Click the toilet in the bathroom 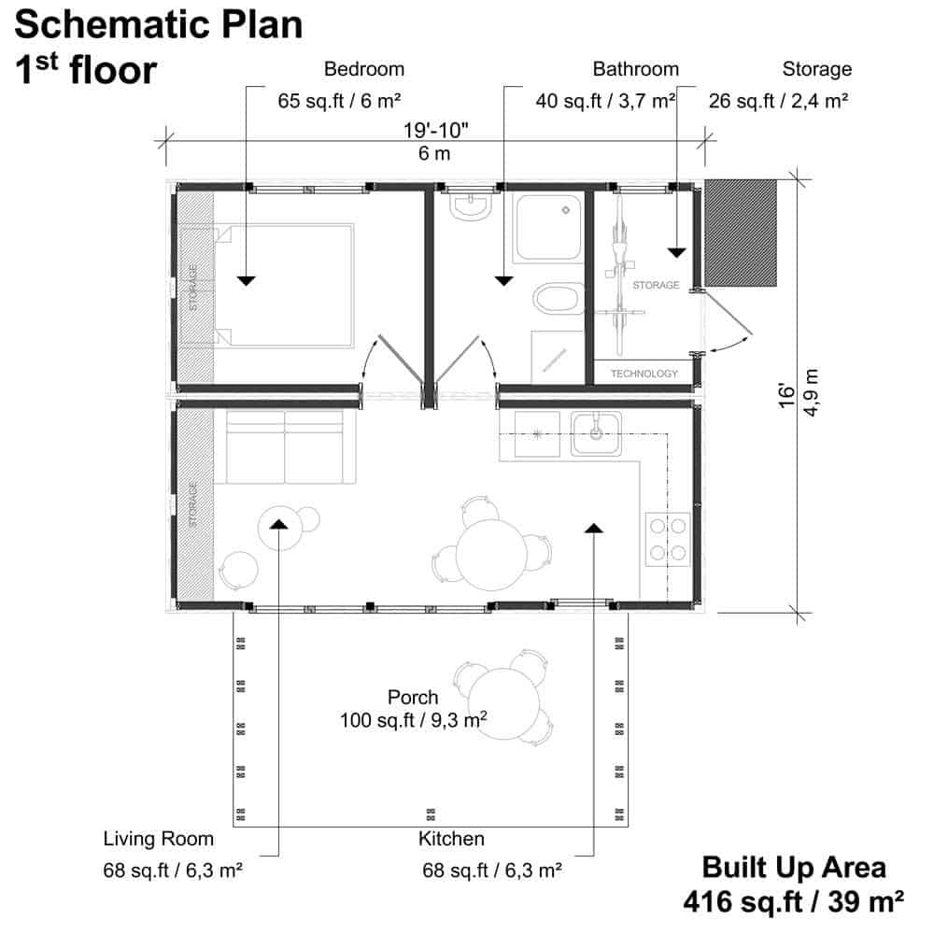[559, 299]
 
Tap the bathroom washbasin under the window [471, 206]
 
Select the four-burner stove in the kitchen [668, 539]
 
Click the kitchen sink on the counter [596, 433]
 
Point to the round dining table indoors [491, 555]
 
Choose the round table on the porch [504, 703]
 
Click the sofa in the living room [285, 446]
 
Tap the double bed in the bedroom [284, 285]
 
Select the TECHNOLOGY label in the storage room [644, 374]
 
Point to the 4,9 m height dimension [811, 392]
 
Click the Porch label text [413, 697]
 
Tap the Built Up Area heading [793, 868]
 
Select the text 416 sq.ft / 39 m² [793, 902]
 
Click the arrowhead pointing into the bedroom [246, 280]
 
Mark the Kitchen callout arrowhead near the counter [594, 528]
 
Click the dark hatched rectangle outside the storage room [741, 233]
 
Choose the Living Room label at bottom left [159, 839]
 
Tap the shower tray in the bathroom [548, 228]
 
